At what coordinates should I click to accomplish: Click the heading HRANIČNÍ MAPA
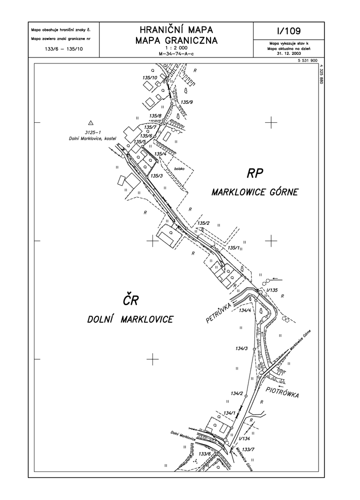pos(176,30)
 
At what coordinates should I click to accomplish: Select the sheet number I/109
pos(289,31)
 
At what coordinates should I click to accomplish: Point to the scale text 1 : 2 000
pos(176,48)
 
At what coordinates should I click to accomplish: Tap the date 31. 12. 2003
pos(289,53)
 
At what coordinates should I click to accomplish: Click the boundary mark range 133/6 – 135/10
pos(63,49)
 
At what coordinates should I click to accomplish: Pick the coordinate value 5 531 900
pos(306,60)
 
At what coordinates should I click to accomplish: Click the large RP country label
pos(254,174)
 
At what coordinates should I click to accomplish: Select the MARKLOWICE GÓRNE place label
pos(254,192)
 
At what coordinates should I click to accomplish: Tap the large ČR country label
pos(130,300)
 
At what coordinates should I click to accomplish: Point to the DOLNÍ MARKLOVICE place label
pos(130,319)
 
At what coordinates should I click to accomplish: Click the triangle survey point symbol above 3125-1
pos(91,122)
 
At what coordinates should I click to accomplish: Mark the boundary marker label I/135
pos(272,290)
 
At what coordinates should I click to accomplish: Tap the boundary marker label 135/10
pos(149,77)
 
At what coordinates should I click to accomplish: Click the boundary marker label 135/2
pos(203,223)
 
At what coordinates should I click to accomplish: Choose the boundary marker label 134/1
pos(229,413)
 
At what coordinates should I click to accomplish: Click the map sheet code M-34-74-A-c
pos(176,54)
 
